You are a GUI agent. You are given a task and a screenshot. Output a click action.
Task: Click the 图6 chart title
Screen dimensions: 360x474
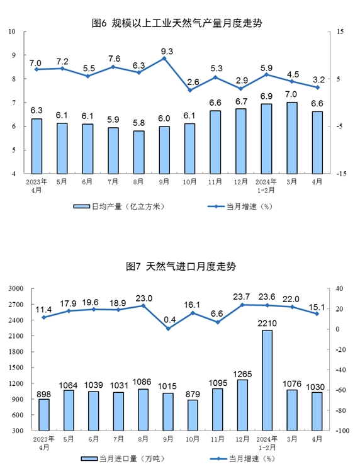[177, 23]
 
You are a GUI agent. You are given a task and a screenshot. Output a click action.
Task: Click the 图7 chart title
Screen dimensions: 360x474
[181, 266]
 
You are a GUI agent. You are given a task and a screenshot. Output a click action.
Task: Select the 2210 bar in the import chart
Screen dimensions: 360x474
[267, 380]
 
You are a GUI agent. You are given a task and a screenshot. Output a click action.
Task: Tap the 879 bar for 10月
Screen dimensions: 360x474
[193, 415]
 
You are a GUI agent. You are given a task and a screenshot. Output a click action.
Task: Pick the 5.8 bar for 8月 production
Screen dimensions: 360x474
[138, 152]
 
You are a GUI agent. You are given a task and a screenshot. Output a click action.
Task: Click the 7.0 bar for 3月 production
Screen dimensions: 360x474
[291, 138]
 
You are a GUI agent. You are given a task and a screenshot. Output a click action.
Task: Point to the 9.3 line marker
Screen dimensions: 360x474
[164, 59]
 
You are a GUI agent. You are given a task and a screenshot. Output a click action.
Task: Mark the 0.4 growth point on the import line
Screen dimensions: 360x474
[169, 329]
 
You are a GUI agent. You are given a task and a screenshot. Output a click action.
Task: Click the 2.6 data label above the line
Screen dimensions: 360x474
[193, 82]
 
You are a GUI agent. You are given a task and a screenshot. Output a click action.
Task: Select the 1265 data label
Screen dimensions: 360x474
[242, 374]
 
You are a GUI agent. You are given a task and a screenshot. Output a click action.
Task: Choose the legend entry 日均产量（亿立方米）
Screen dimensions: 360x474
[119, 206]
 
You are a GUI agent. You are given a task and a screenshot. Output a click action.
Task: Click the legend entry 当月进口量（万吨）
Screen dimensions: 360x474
[123, 459]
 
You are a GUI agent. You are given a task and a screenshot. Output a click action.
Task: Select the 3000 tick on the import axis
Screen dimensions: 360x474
[16, 288]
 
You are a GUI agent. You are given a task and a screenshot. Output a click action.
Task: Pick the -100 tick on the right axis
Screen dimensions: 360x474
[342, 431]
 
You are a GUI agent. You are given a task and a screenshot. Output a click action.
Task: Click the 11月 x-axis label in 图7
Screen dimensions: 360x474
[217, 439]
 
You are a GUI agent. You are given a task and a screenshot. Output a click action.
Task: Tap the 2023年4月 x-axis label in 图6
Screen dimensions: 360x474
[37, 186]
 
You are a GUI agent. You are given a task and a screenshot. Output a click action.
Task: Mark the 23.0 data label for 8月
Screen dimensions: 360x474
[144, 298]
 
